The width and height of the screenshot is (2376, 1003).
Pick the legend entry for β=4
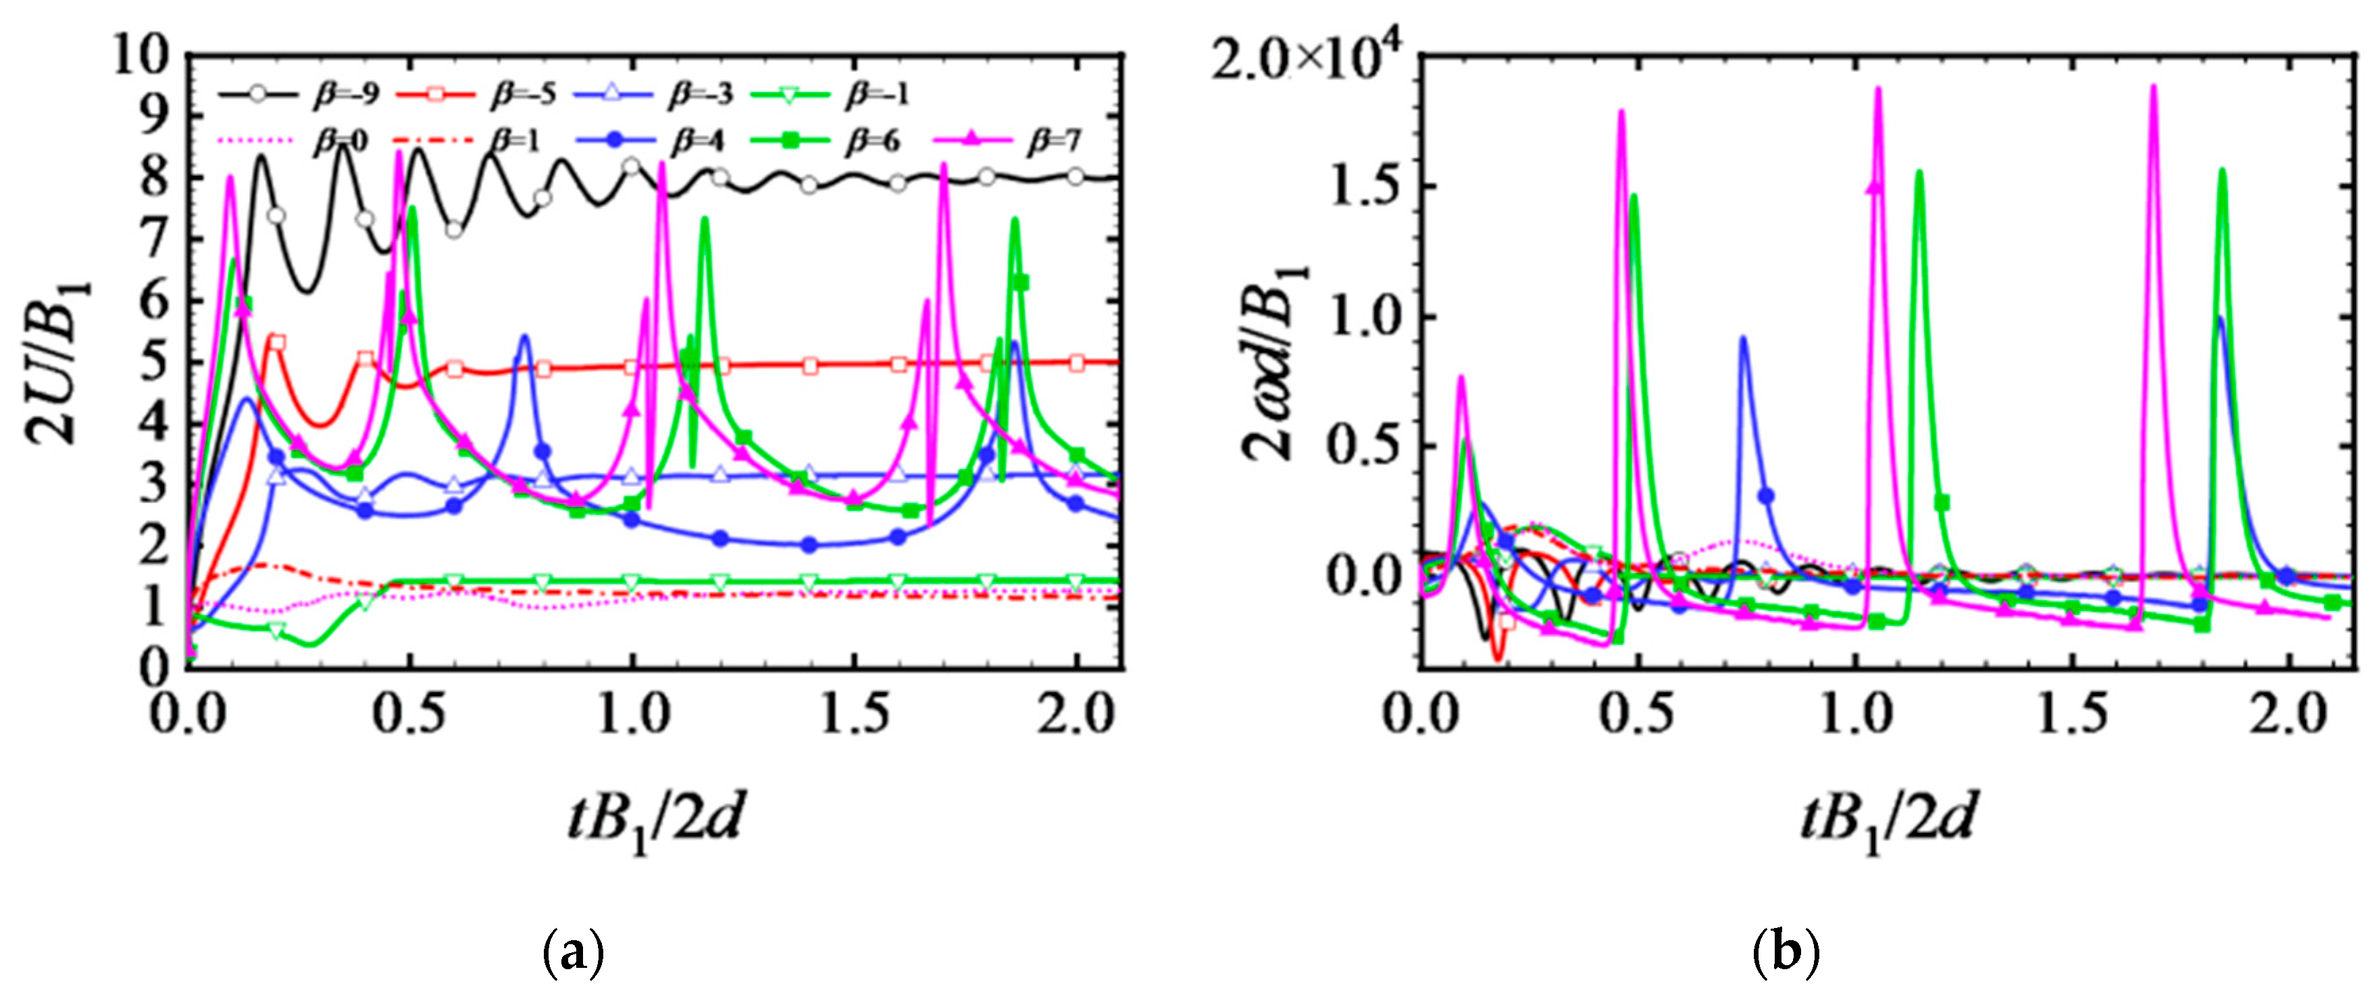click(x=651, y=141)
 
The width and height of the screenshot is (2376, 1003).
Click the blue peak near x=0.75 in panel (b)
click(x=1742, y=339)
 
